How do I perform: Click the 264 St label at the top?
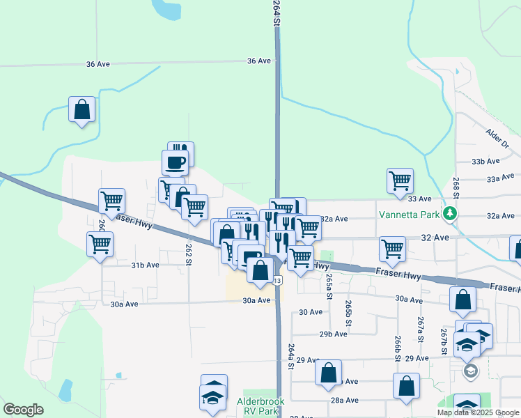pos(277,14)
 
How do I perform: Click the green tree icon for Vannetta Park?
pos(451,213)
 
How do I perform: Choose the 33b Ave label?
pos(486,161)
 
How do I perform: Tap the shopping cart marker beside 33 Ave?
pos(400,180)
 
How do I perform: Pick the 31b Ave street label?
pos(146,265)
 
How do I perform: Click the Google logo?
pos(23,410)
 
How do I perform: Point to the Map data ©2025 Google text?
pos(478,412)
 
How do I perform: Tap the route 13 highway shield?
pos(277,281)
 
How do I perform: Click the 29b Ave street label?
pos(333,334)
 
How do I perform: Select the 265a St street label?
pos(329,284)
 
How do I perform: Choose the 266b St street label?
pos(397,346)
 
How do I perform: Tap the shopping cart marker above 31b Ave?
pos(100,244)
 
